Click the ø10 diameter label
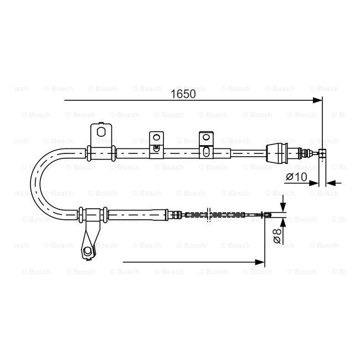pyautogui.click(x=296, y=177)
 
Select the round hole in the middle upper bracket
pyautogui.click(x=156, y=137)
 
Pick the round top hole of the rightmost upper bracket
pyautogui.click(x=206, y=137)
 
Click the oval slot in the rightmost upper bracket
pyautogui.click(x=206, y=150)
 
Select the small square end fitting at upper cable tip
pyautogui.click(x=325, y=152)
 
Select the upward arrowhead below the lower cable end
pyautogui.click(x=284, y=222)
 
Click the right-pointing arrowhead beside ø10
pyautogui.click(x=316, y=183)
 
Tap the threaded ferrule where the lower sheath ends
pyautogui.click(x=174, y=214)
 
